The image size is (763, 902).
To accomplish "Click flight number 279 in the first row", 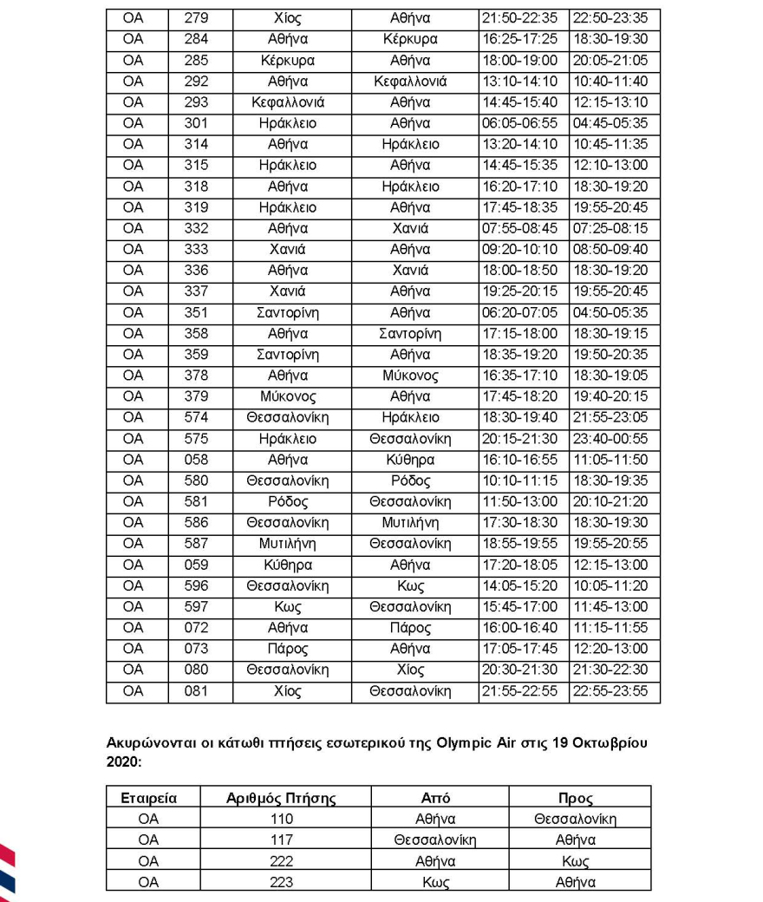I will (x=196, y=18).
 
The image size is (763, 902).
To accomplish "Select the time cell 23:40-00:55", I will (x=614, y=439).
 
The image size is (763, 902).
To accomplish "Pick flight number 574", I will (x=196, y=418).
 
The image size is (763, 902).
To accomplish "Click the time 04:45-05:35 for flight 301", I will (x=614, y=123).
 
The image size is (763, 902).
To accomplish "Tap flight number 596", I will (x=196, y=585).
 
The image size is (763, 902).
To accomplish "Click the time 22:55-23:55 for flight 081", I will (x=614, y=691).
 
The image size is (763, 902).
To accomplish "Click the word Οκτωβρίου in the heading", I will (x=610, y=744).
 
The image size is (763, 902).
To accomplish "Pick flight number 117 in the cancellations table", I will (x=282, y=840).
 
